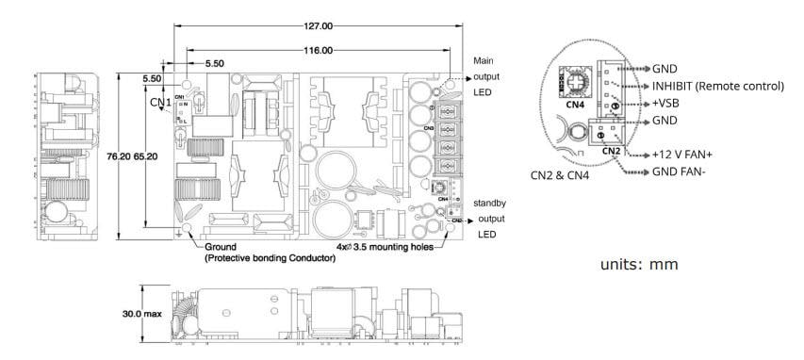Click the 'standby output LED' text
(490, 216)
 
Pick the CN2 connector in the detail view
(611, 136)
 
